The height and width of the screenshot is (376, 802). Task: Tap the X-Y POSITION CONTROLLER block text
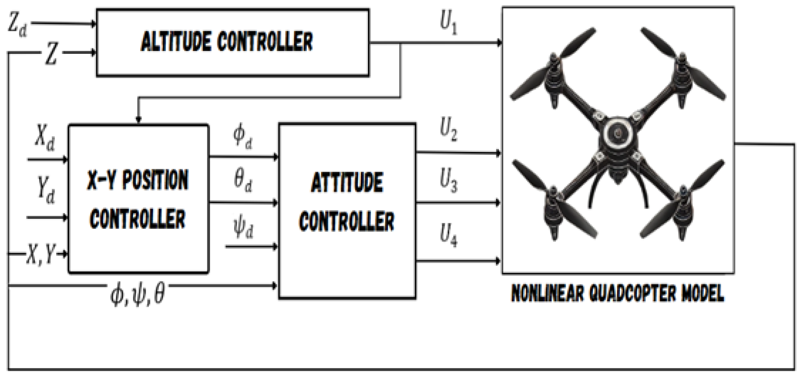coord(138,199)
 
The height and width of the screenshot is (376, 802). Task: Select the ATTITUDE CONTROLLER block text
coord(347,203)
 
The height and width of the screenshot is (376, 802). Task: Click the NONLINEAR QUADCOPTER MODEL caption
coord(618,293)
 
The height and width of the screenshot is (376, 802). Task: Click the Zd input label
coord(17,25)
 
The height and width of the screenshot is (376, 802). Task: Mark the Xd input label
coord(45,138)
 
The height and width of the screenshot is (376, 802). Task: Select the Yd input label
coord(46,190)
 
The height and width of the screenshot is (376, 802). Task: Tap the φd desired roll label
coord(243,137)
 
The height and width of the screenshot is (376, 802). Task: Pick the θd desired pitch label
coord(243,180)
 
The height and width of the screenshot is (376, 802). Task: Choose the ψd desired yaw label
coord(243,228)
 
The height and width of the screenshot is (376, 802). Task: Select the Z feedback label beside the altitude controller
coord(51,54)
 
